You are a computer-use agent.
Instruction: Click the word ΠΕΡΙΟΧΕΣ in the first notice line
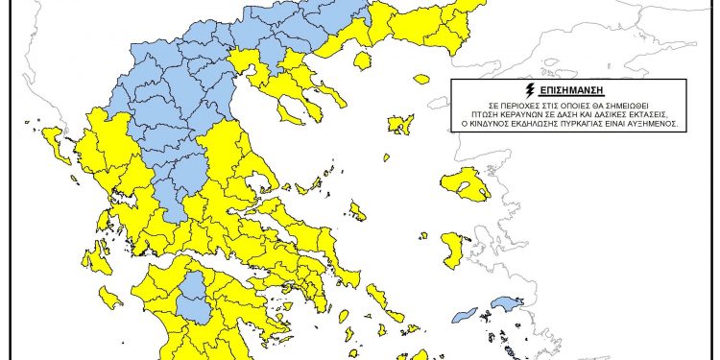point(501,102)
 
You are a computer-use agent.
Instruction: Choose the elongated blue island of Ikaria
point(465,314)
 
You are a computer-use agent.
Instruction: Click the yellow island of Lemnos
point(400,124)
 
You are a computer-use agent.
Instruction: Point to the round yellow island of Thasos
point(363,61)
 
